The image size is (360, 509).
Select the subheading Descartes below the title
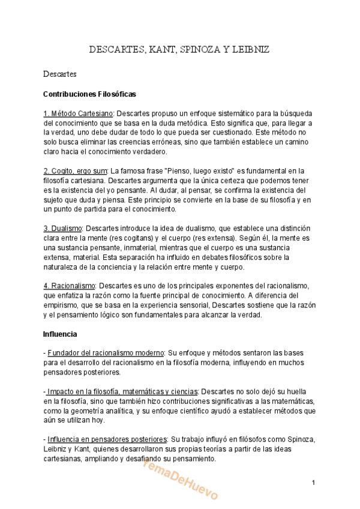pyautogui.click(x=59, y=74)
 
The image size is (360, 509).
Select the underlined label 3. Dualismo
pyautogui.click(x=62, y=229)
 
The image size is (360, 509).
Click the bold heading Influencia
pyautogui.click(x=60, y=334)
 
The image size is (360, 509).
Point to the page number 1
pyautogui.click(x=313, y=483)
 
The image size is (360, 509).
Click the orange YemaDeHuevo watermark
pyautogui.click(x=179, y=474)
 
